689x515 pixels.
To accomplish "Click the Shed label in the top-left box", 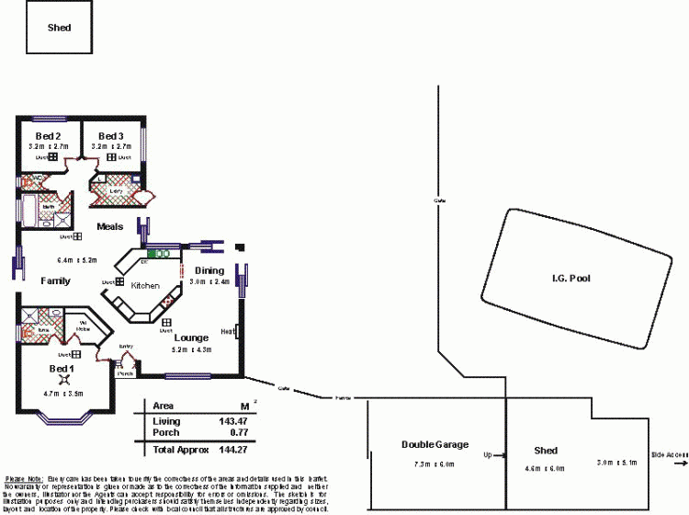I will point(59,28).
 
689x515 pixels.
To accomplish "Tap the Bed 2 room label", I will point(49,136).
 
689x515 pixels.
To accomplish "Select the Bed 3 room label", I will point(111,136).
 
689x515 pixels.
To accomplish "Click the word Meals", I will point(110,226).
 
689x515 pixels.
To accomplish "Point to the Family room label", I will point(56,280).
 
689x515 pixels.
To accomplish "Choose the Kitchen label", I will point(145,286).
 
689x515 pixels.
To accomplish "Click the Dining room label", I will point(209,270).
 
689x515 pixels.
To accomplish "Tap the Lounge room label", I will point(191,338).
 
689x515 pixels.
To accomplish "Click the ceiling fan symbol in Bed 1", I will point(63,380).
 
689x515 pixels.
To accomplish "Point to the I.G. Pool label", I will point(570,279).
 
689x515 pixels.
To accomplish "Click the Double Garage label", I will point(428,445).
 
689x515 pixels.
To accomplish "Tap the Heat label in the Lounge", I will point(226,331).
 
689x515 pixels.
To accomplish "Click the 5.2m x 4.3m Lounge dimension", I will point(191,350).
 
